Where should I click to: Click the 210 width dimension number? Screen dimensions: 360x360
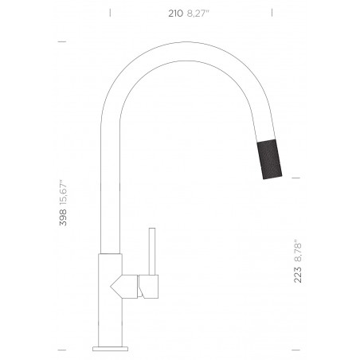coord(175,14)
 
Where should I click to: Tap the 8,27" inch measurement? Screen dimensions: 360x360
coord(198,14)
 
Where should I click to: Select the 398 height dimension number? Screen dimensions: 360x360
coord(63,217)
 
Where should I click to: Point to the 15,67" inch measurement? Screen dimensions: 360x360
coord(63,192)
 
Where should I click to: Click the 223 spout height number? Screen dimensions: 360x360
coord(298,275)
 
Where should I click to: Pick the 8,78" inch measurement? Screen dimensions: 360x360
coord(298,252)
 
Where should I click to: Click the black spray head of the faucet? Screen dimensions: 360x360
coord(269,159)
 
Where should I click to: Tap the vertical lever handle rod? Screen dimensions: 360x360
coord(152,251)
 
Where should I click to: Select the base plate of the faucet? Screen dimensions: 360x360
coord(110,349)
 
